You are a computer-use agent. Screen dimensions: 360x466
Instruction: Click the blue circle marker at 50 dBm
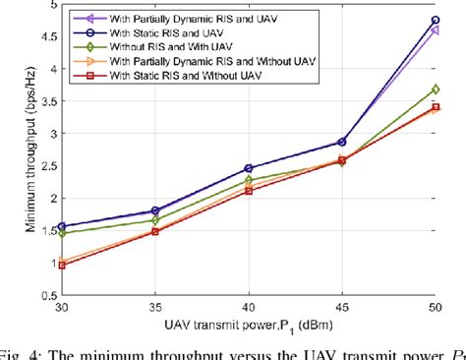click(x=436, y=20)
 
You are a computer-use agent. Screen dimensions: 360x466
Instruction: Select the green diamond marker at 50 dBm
click(x=436, y=90)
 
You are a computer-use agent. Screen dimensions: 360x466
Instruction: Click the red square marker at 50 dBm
click(x=436, y=107)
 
